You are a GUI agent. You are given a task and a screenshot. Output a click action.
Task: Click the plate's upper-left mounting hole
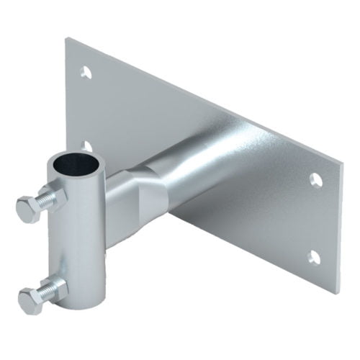click(86, 72)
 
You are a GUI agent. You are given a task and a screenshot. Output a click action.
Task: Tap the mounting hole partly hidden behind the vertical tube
click(88, 146)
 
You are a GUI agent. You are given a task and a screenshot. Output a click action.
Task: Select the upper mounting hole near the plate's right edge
click(316, 180)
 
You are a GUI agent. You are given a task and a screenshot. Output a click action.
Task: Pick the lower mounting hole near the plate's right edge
click(314, 256)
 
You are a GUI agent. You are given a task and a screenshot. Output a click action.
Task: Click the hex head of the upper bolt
click(28, 209)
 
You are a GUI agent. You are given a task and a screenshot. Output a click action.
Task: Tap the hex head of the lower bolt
click(30, 298)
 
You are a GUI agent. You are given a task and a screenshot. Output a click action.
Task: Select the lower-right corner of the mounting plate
click(338, 292)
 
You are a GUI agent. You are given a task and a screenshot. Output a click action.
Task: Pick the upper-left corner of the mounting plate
click(66, 38)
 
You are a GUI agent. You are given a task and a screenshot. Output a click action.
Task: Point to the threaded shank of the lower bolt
click(45, 292)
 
